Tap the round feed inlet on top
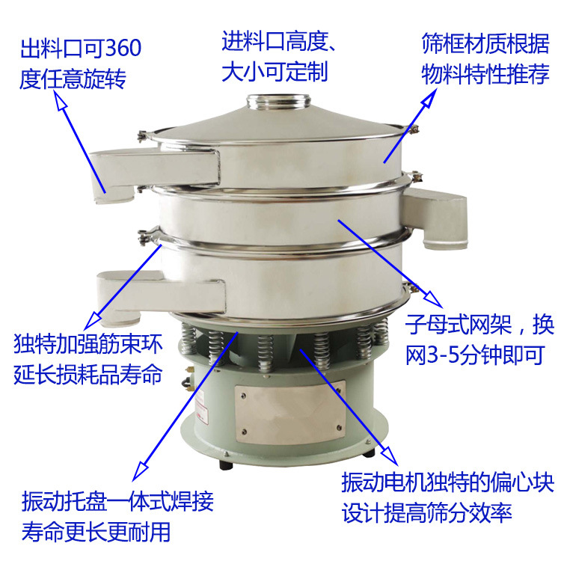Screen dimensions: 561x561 coord(279,100)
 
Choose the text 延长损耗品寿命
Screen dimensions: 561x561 coord(88,375)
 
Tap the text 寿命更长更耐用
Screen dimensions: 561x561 coord(96,532)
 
